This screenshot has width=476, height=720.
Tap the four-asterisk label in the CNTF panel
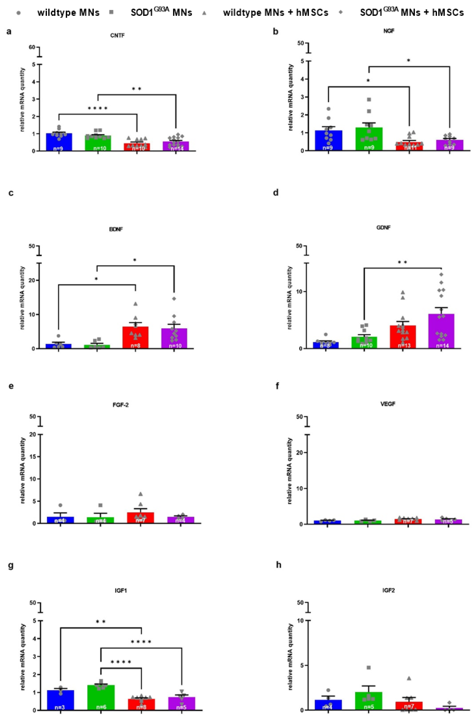coord(98,108)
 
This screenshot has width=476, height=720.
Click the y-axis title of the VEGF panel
coord(290,471)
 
